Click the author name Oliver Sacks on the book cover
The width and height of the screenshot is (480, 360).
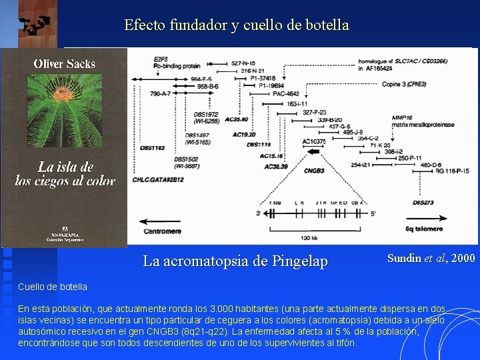(65, 65)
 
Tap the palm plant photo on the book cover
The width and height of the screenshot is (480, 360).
(65, 113)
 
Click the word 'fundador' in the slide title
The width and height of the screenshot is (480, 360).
(191, 25)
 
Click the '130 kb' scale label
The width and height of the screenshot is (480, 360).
(309, 238)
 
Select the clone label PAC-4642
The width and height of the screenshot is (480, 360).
(285, 94)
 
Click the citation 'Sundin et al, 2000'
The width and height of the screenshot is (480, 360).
(431, 259)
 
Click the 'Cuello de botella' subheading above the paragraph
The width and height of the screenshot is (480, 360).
(52, 287)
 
